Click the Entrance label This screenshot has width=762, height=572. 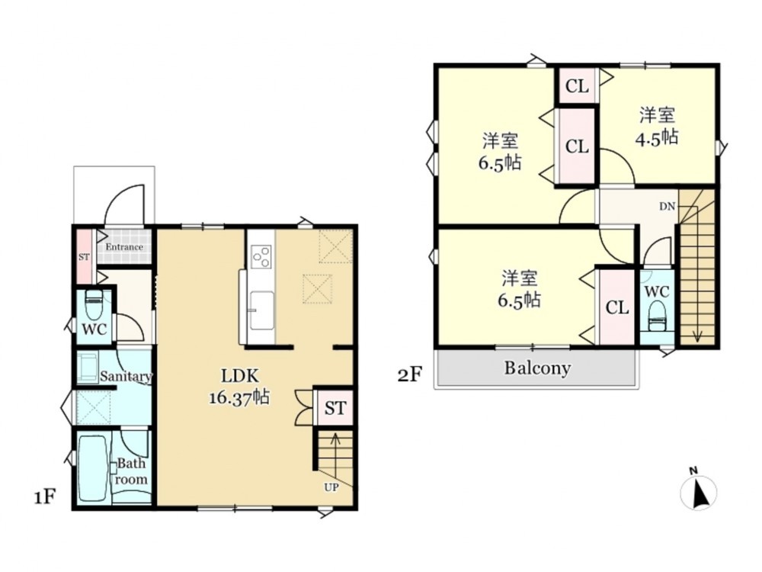click(124, 247)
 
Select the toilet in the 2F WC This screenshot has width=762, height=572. click(657, 317)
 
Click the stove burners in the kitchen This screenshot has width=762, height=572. click(261, 255)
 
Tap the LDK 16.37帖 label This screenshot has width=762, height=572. click(239, 387)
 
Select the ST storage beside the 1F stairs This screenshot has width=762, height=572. click(335, 407)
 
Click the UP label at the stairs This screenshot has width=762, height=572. click(331, 487)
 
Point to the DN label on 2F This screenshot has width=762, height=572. click(668, 206)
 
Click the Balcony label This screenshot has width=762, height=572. click(537, 368)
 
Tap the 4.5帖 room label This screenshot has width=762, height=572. click(657, 127)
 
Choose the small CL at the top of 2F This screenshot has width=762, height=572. click(577, 87)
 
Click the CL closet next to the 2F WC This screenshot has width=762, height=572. click(617, 307)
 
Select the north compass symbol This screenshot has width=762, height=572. click(698, 490)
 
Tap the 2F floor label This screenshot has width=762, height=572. click(410, 375)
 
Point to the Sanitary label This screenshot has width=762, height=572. click(126, 377)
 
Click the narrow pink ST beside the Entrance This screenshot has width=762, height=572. click(84, 255)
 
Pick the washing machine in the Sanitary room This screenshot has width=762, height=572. click(88, 368)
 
